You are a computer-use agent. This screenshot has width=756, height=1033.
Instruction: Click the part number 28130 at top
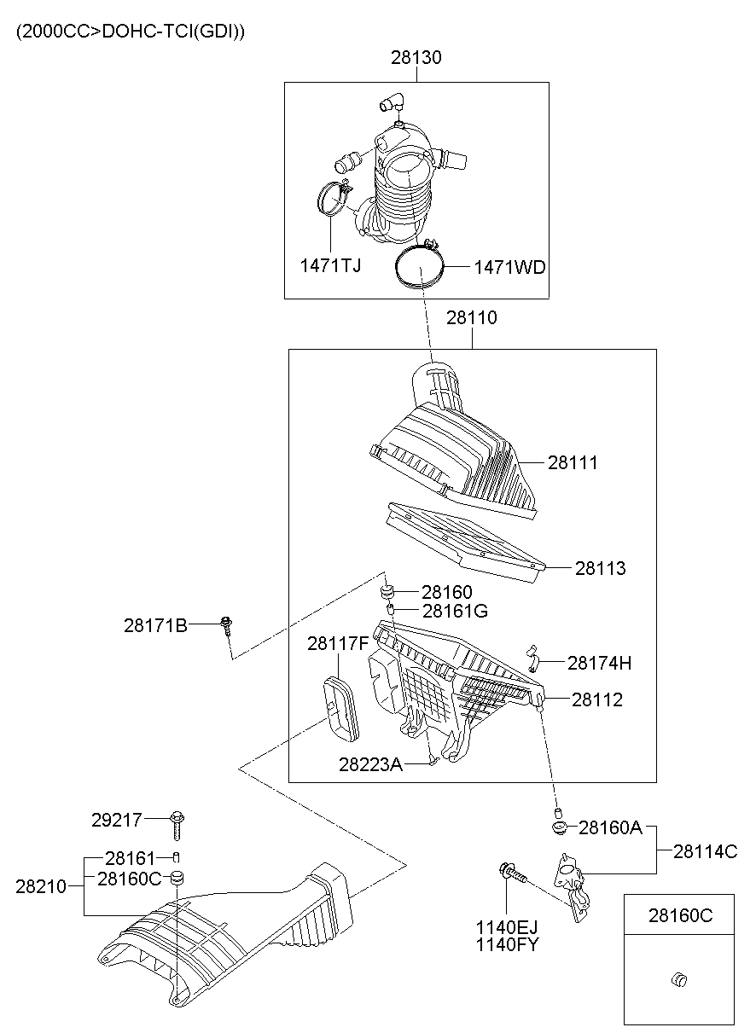coord(416,58)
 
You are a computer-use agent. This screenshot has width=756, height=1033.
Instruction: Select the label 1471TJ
coord(330,265)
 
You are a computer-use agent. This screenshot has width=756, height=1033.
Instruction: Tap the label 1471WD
coord(509,267)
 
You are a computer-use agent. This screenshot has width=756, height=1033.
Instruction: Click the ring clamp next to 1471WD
coord(420,267)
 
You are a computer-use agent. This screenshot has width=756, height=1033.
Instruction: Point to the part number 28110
coord(471,317)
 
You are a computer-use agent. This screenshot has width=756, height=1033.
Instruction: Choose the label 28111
coord(573,462)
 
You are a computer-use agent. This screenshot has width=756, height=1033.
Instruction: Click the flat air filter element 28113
coord(461,537)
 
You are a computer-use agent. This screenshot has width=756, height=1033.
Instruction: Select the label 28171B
coord(155,625)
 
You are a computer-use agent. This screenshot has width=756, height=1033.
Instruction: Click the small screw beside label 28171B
coord(226,627)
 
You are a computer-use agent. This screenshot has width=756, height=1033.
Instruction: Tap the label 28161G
coord(456,611)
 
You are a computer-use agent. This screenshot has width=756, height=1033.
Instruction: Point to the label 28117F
coord(338,643)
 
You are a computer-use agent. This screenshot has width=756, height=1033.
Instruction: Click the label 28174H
coord(599,662)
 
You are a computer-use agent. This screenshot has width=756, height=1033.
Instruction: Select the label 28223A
coord(370,764)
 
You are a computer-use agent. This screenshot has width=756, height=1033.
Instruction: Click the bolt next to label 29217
coord(177,824)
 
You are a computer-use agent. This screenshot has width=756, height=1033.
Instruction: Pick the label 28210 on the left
coord(40,886)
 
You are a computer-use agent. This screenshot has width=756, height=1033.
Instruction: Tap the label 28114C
coord(705,850)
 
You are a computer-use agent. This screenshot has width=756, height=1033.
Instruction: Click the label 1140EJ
coord(507,927)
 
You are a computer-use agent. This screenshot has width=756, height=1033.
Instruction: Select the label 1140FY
coord(507,944)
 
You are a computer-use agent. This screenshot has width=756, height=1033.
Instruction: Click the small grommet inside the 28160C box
coord(679,978)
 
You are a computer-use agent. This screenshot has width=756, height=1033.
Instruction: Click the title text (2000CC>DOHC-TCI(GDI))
coord(130,32)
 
